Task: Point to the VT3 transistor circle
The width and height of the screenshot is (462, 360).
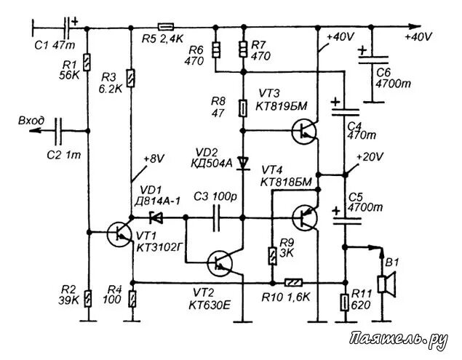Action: [303, 131]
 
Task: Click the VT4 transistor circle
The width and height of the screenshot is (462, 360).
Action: [303, 217]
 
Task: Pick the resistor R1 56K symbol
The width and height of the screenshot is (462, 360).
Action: [87, 63]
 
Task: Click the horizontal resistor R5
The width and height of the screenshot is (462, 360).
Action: [166, 29]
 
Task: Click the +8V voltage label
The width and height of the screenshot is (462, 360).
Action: [155, 158]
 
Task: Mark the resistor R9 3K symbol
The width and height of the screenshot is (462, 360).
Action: [271, 255]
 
